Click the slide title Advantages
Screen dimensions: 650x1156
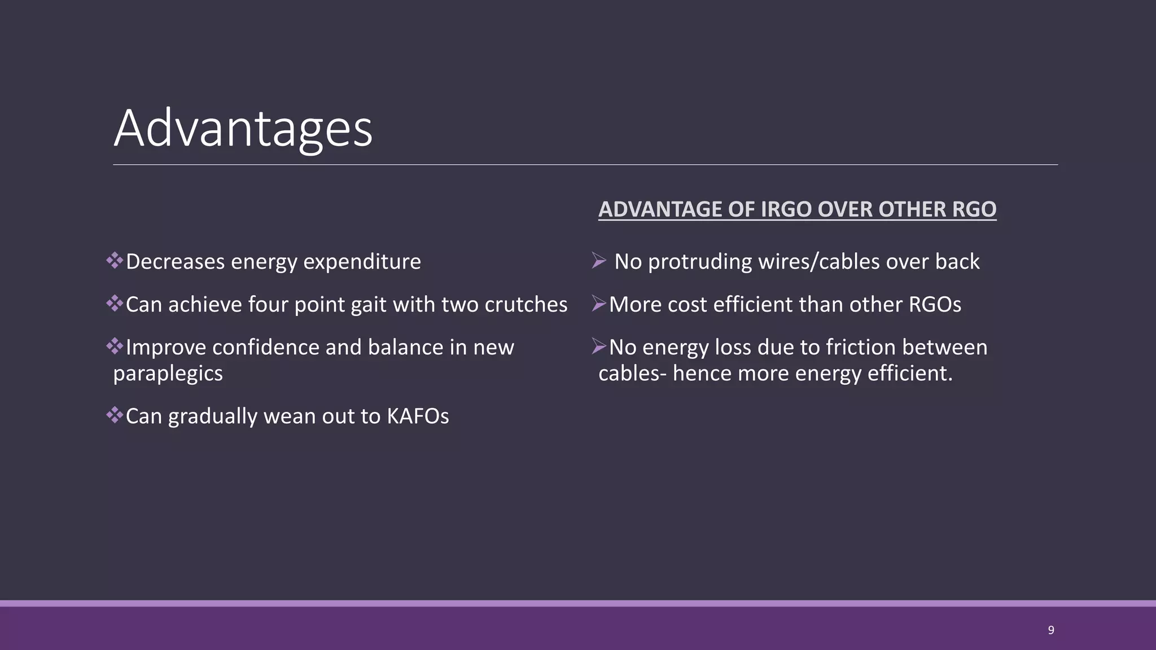243,129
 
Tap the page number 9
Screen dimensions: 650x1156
1050,630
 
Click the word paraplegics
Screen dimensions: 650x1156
168,374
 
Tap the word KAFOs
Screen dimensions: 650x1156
418,416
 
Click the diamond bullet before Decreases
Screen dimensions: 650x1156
115,261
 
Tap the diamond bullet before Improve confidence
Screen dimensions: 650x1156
115,346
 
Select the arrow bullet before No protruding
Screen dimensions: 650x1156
599,261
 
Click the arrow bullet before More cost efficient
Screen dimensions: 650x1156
599,304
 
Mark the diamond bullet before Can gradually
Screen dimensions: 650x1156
115,416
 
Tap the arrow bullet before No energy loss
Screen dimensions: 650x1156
599,346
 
